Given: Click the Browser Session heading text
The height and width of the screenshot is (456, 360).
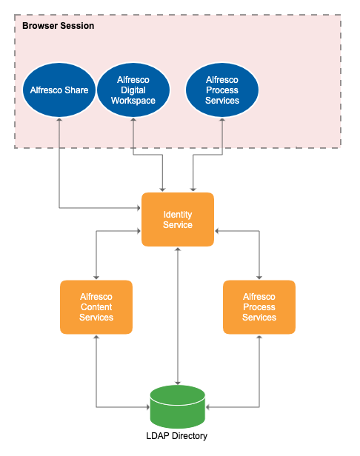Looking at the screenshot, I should point(58,26).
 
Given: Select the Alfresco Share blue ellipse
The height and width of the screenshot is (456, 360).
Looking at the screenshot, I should point(59,90).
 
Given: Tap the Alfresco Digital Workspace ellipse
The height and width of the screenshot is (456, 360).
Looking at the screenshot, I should point(133,90).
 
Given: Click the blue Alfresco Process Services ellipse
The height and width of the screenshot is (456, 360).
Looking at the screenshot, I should point(222,90).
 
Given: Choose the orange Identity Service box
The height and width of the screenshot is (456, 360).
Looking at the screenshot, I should point(178,220).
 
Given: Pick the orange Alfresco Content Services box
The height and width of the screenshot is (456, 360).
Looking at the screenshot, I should point(96,307).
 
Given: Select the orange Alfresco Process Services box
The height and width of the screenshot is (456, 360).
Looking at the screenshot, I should point(259,307).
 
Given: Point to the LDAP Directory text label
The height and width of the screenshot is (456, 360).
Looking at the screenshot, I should point(178,436).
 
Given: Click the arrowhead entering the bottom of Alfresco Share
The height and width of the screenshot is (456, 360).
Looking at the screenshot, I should point(59,121).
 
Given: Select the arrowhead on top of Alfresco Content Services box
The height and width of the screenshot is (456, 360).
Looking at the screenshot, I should point(96,276).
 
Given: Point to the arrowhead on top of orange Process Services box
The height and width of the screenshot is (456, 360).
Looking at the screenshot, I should point(259,276).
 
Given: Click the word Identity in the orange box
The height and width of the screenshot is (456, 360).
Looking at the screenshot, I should point(178,215).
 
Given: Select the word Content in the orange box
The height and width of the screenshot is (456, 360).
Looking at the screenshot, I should point(96,307).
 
